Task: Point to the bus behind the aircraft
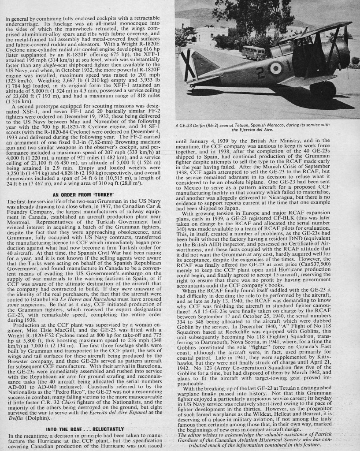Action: tap(250, 52)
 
